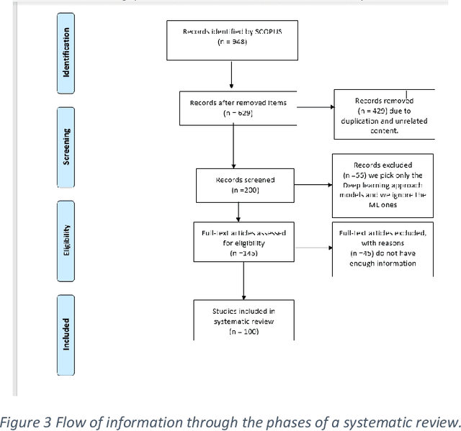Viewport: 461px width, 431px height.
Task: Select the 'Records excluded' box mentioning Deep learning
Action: [383, 185]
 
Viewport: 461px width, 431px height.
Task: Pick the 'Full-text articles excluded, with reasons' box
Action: [383, 248]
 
